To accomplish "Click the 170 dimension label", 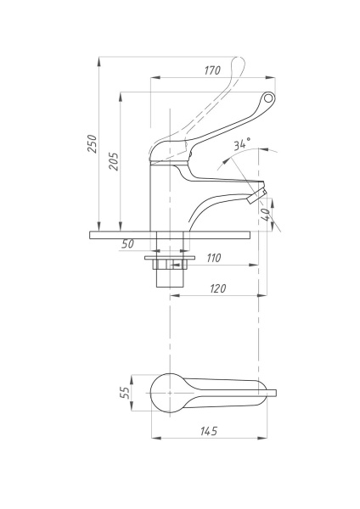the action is click(x=212, y=70).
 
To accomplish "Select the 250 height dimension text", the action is click(x=93, y=144).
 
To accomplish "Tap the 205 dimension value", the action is click(x=114, y=161).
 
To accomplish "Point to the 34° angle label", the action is click(x=242, y=143).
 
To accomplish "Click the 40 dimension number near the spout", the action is click(x=266, y=215).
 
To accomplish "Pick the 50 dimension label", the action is click(x=127, y=243).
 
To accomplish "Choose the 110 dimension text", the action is click(x=213, y=258).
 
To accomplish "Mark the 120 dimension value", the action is click(x=217, y=288).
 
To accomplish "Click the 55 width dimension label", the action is click(x=125, y=393).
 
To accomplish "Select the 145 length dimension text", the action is click(x=208, y=431).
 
